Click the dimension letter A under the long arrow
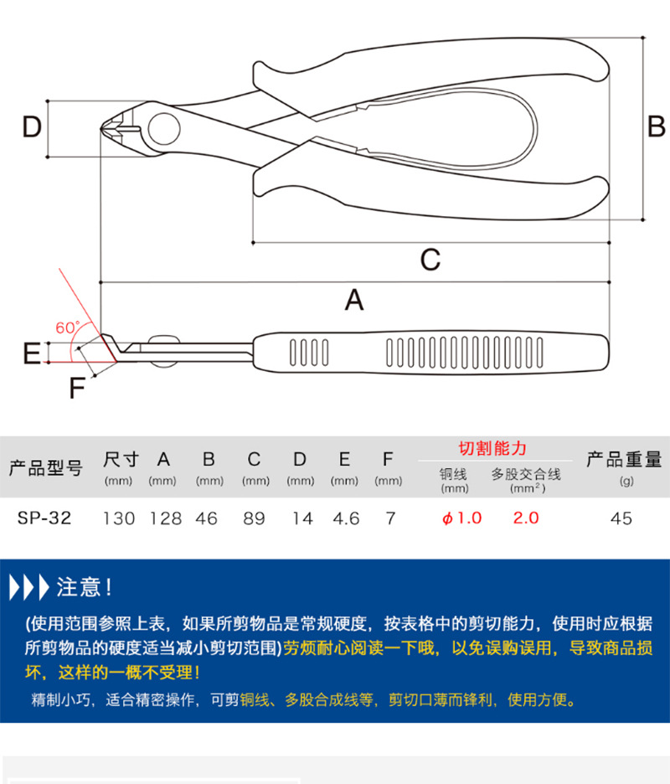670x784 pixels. point(354,299)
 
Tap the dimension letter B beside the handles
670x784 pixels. point(657,126)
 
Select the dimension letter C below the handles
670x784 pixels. point(430,260)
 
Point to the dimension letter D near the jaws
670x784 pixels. point(31,128)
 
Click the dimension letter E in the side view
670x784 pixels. point(31,353)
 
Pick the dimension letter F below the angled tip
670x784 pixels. point(77,389)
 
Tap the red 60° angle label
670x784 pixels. point(67,328)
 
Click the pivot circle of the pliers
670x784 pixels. point(163,130)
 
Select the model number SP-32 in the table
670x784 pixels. point(44,518)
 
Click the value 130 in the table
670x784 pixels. point(119,518)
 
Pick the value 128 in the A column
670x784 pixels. point(165,518)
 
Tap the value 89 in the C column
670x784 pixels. point(254,518)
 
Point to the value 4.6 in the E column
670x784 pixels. point(345,518)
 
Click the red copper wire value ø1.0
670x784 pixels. point(461,518)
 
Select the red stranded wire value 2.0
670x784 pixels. point(525,518)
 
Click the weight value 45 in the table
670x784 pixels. point(621,518)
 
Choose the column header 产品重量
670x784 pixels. point(623,459)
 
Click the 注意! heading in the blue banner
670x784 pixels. point(84,587)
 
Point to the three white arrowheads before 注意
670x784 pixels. point(28,587)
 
